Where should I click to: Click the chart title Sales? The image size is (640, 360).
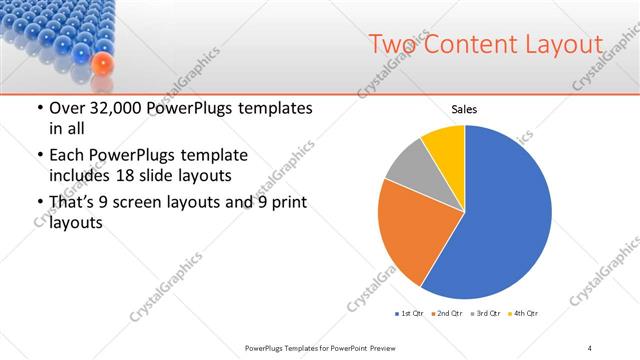coord(465,109)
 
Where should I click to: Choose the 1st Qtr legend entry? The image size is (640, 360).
coord(410,314)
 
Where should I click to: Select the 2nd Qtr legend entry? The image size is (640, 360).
coord(445,314)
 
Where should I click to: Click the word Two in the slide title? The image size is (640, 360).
coord(393,44)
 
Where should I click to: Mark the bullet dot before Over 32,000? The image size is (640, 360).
coord(39,108)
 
